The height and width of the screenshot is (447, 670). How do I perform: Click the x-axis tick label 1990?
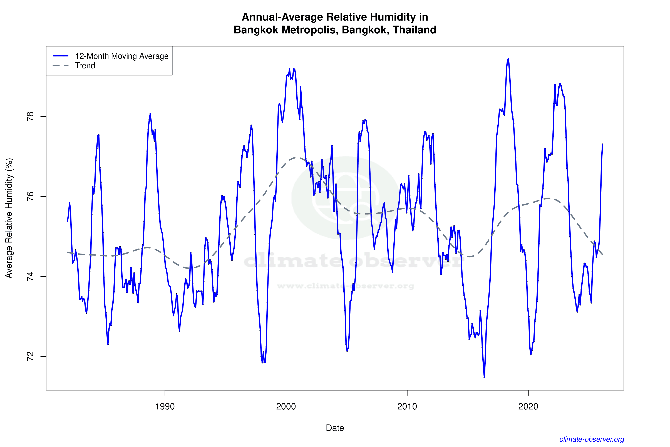pyautogui.click(x=165, y=406)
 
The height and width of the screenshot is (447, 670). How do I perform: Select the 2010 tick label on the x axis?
pyautogui.click(x=407, y=406)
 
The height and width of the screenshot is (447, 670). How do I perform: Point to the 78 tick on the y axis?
pyautogui.click(x=30, y=117)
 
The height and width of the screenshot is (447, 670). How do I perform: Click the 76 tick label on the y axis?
pyautogui.click(x=30, y=197)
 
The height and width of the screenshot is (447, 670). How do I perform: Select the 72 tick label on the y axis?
pyautogui.click(x=30, y=356)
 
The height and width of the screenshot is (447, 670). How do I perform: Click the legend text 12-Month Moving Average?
pyautogui.click(x=122, y=56)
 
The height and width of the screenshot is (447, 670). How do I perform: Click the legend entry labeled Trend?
pyautogui.click(x=85, y=66)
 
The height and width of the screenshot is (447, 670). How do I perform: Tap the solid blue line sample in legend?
pyautogui.click(x=61, y=56)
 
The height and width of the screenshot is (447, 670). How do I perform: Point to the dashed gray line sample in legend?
pyautogui.click(x=61, y=66)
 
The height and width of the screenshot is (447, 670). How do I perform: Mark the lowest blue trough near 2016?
pyautogui.click(x=484, y=377)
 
